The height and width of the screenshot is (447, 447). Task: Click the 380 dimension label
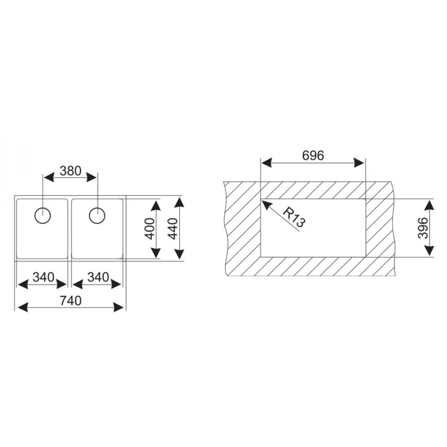pos(71,171)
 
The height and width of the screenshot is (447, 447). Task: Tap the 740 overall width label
pos(71,301)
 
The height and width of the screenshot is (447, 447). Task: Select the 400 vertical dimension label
pos(150,228)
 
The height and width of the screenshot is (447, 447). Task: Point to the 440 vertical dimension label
pos(173,228)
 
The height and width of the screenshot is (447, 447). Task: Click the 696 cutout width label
pos(313,156)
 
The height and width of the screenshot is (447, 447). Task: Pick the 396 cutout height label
pos(423,228)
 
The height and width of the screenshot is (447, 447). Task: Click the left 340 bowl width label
pos(43,277)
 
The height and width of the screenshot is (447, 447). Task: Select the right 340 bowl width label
pos(98,277)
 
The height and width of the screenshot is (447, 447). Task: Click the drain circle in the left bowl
pos(42,216)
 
